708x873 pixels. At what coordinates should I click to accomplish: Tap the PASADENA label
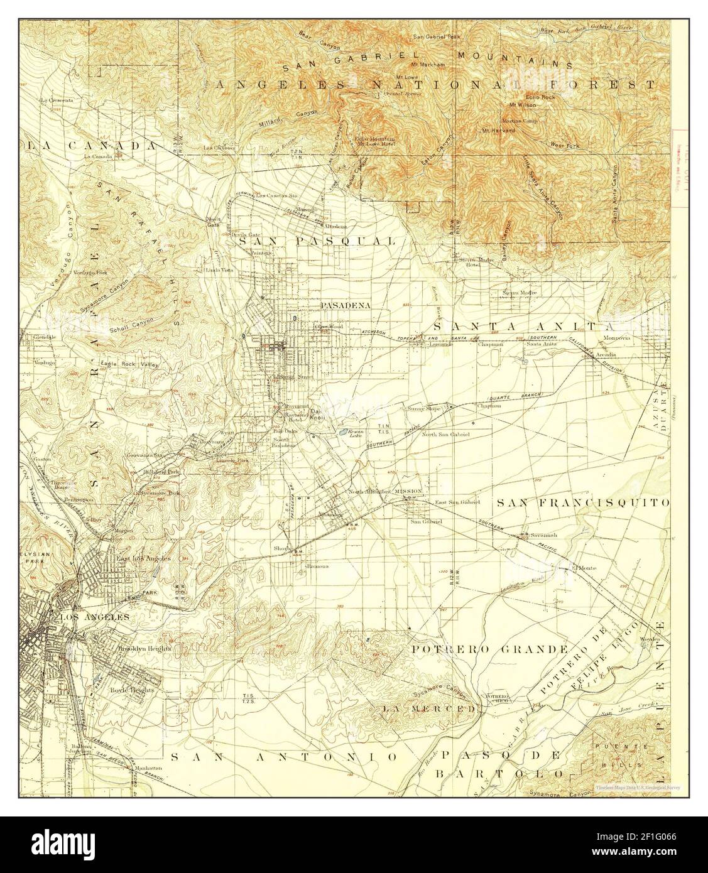(345, 305)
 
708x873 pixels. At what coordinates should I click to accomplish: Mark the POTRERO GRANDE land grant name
(489, 649)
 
